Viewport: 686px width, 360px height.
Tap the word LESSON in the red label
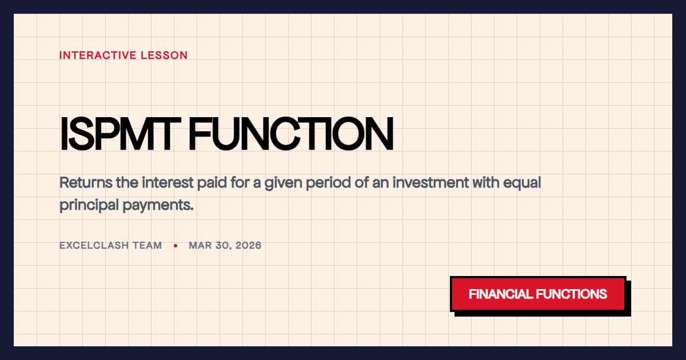pos(167,55)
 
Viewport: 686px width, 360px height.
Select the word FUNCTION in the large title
pos(291,134)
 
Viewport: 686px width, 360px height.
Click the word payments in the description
pos(158,205)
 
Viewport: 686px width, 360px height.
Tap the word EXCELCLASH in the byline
pos(95,246)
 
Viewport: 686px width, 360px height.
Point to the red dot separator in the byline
pos(176,246)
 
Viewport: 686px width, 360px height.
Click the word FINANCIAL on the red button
pos(500,294)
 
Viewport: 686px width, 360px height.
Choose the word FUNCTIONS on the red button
pos(571,294)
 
